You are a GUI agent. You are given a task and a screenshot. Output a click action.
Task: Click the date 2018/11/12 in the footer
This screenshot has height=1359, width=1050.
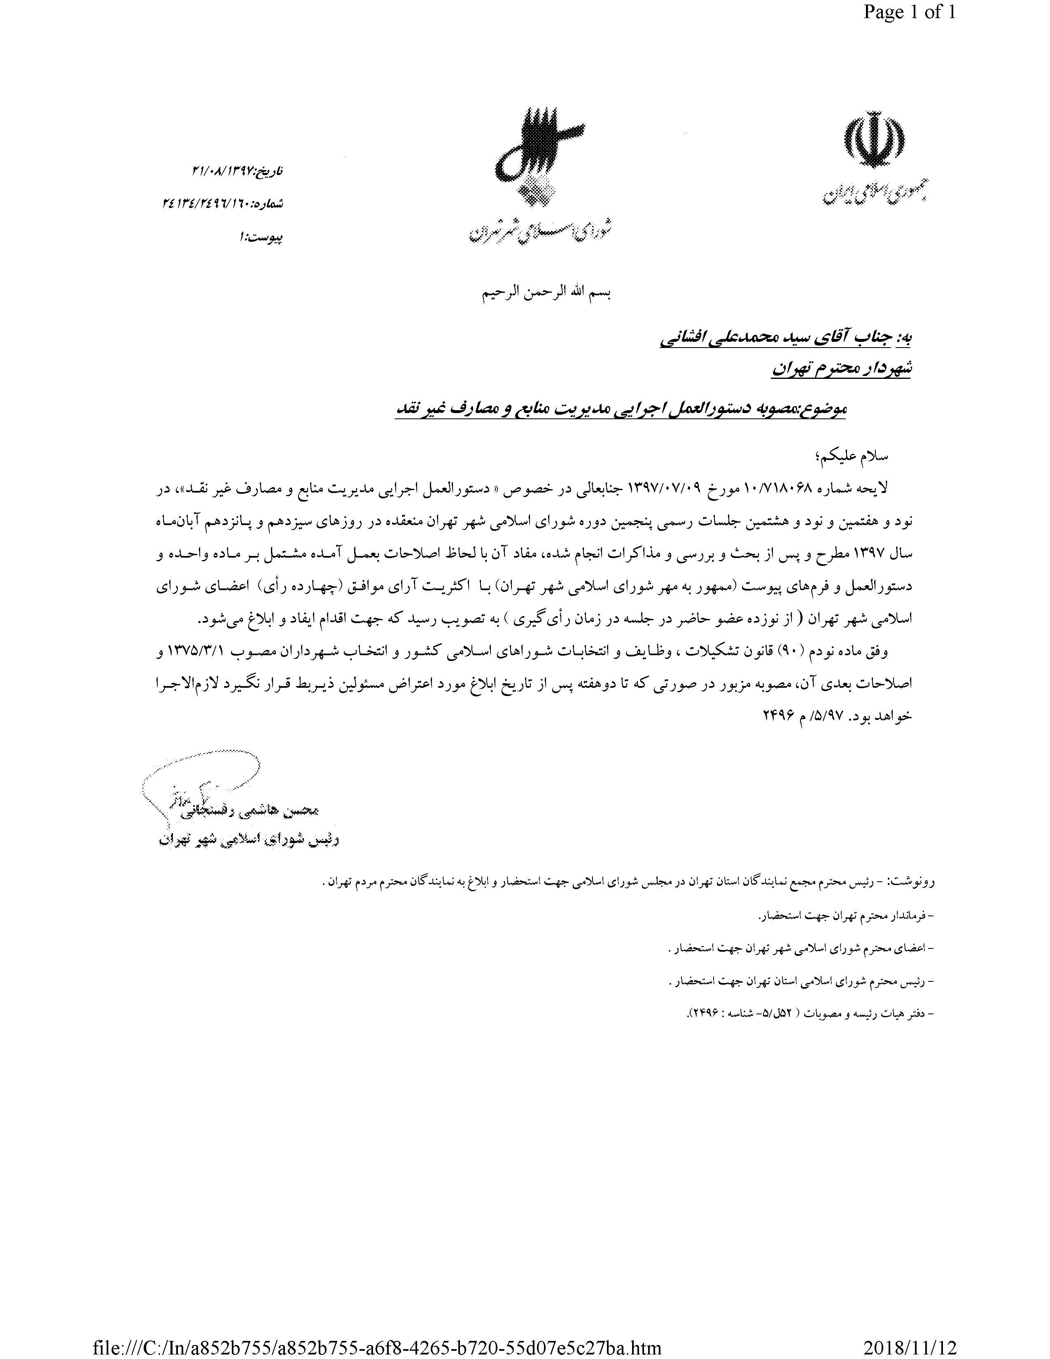click(x=910, y=1347)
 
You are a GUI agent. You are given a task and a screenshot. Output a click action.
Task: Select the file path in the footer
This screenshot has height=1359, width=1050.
click(x=376, y=1347)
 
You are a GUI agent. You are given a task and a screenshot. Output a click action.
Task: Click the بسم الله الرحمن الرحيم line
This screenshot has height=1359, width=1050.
click(x=547, y=294)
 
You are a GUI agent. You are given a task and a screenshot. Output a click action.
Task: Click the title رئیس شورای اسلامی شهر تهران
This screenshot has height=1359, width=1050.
click(x=249, y=839)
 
